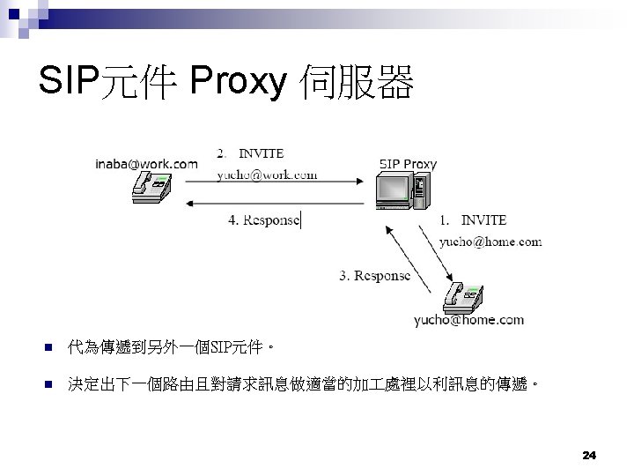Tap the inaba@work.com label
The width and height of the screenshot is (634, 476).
[x=147, y=163]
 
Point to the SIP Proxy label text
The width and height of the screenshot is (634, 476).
[x=408, y=163]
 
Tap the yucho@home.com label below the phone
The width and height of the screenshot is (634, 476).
[x=469, y=320]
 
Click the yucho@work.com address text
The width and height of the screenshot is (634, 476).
[x=267, y=175]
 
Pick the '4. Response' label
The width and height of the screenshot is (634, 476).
[x=264, y=219]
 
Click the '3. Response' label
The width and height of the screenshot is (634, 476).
[x=375, y=275]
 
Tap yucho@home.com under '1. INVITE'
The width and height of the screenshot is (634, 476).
[x=490, y=241]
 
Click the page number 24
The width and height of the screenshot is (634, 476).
[x=589, y=455]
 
